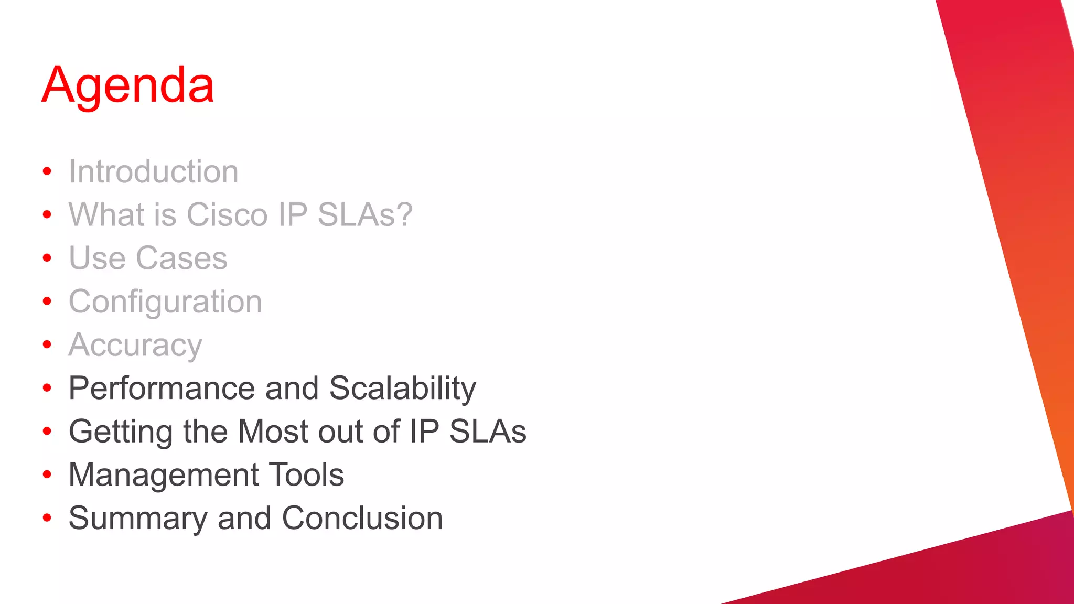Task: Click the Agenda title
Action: [x=128, y=85]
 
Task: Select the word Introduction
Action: [x=154, y=172]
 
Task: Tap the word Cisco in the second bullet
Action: [x=227, y=215]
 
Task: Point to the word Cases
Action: [x=181, y=258]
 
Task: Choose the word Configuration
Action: [x=165, y=302]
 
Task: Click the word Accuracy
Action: [x=135, y=346]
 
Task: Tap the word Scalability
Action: [x=402, y=389]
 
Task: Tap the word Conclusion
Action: [x=362, y=519]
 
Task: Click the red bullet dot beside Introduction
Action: [x=47, y=171]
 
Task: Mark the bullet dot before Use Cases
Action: [x=47, y=258]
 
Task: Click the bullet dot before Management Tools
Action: [x=47, y=474]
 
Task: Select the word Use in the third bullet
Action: [x=97, y=258]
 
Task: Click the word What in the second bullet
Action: [x=106, y=215]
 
